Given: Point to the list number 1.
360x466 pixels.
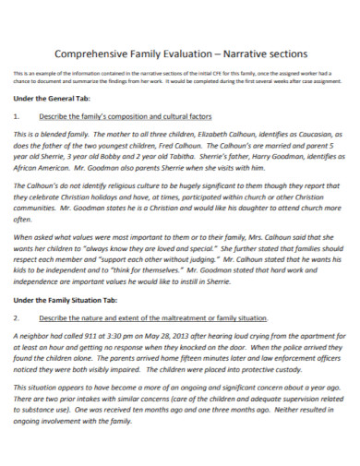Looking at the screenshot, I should coord(17,117).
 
